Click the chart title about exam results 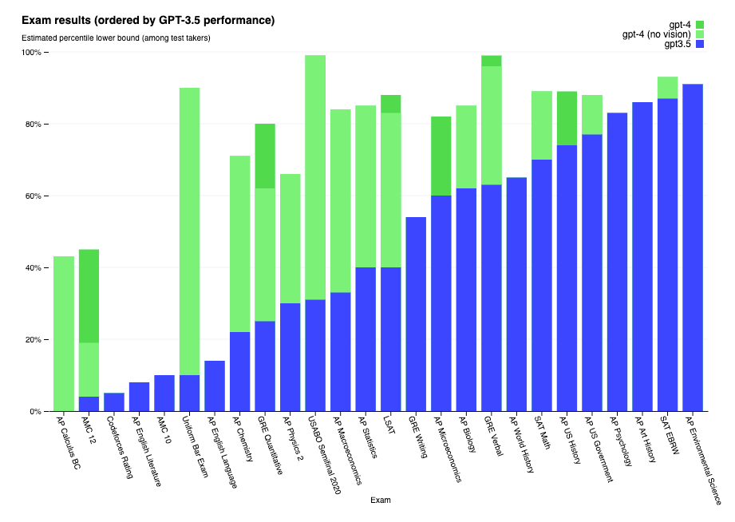tap(148, 20)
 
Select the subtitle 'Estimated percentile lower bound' tap(116, 38)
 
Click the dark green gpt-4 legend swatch tap(699, 25)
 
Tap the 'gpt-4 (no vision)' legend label tap(657, 34)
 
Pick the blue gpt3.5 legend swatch tap(699, 44)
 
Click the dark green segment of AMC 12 tap(89, 296)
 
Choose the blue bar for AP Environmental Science tap(693, 247)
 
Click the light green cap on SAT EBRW tap(667, 88)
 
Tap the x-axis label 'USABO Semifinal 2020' tap(324, 455)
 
